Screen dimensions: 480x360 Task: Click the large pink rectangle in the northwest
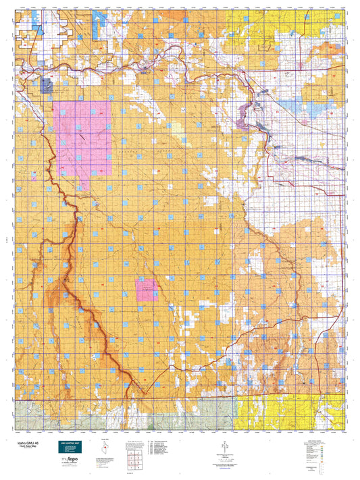(x=82, y=138)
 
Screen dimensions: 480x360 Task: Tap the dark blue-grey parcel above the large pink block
(x=47, y=85)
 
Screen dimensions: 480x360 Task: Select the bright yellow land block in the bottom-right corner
(x=270, y=412)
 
